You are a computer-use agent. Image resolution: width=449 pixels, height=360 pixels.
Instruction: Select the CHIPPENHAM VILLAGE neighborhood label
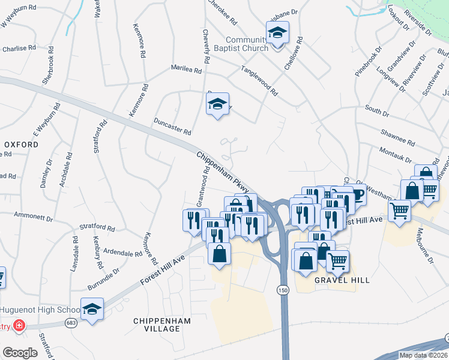[x=162, y=325]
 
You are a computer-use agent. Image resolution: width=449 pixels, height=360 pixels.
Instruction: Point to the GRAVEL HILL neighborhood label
[x=342, y=280]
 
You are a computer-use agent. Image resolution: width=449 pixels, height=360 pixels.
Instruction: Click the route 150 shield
[x=282, y=290]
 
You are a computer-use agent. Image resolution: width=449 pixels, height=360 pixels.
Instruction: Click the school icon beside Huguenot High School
[x=92, y=310]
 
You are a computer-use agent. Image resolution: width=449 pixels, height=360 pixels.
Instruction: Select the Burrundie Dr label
[x=101, y=275]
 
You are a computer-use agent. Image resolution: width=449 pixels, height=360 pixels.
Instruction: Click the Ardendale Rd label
[x=122, y=253]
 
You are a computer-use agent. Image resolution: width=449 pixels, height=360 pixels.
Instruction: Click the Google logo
[x=20, y=353]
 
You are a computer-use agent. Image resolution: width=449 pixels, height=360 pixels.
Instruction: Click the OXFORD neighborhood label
[x=17, y=145]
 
